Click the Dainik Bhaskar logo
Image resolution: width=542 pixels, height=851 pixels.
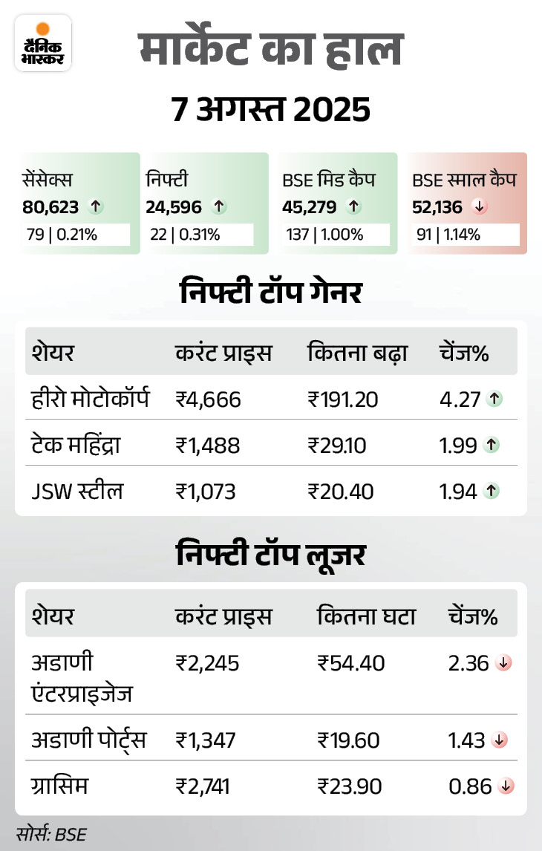43,44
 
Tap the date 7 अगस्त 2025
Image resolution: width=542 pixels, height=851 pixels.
271,111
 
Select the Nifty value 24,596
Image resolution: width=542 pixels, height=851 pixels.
174,207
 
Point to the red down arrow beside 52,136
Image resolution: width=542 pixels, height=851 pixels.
480,207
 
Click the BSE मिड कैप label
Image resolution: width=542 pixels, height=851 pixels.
329,180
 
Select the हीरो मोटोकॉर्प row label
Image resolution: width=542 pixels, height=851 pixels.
91,400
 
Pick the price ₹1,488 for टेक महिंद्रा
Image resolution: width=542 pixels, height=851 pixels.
208,445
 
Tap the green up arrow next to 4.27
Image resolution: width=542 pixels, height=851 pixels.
493,400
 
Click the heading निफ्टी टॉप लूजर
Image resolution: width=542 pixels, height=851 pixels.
271,555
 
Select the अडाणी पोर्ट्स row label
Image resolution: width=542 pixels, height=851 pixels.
88,740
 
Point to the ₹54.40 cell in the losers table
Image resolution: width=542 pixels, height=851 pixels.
350,662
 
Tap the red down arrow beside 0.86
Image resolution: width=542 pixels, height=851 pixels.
507,786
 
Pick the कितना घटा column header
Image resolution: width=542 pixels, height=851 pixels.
366,616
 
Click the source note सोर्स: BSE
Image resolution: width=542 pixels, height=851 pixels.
51,834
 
